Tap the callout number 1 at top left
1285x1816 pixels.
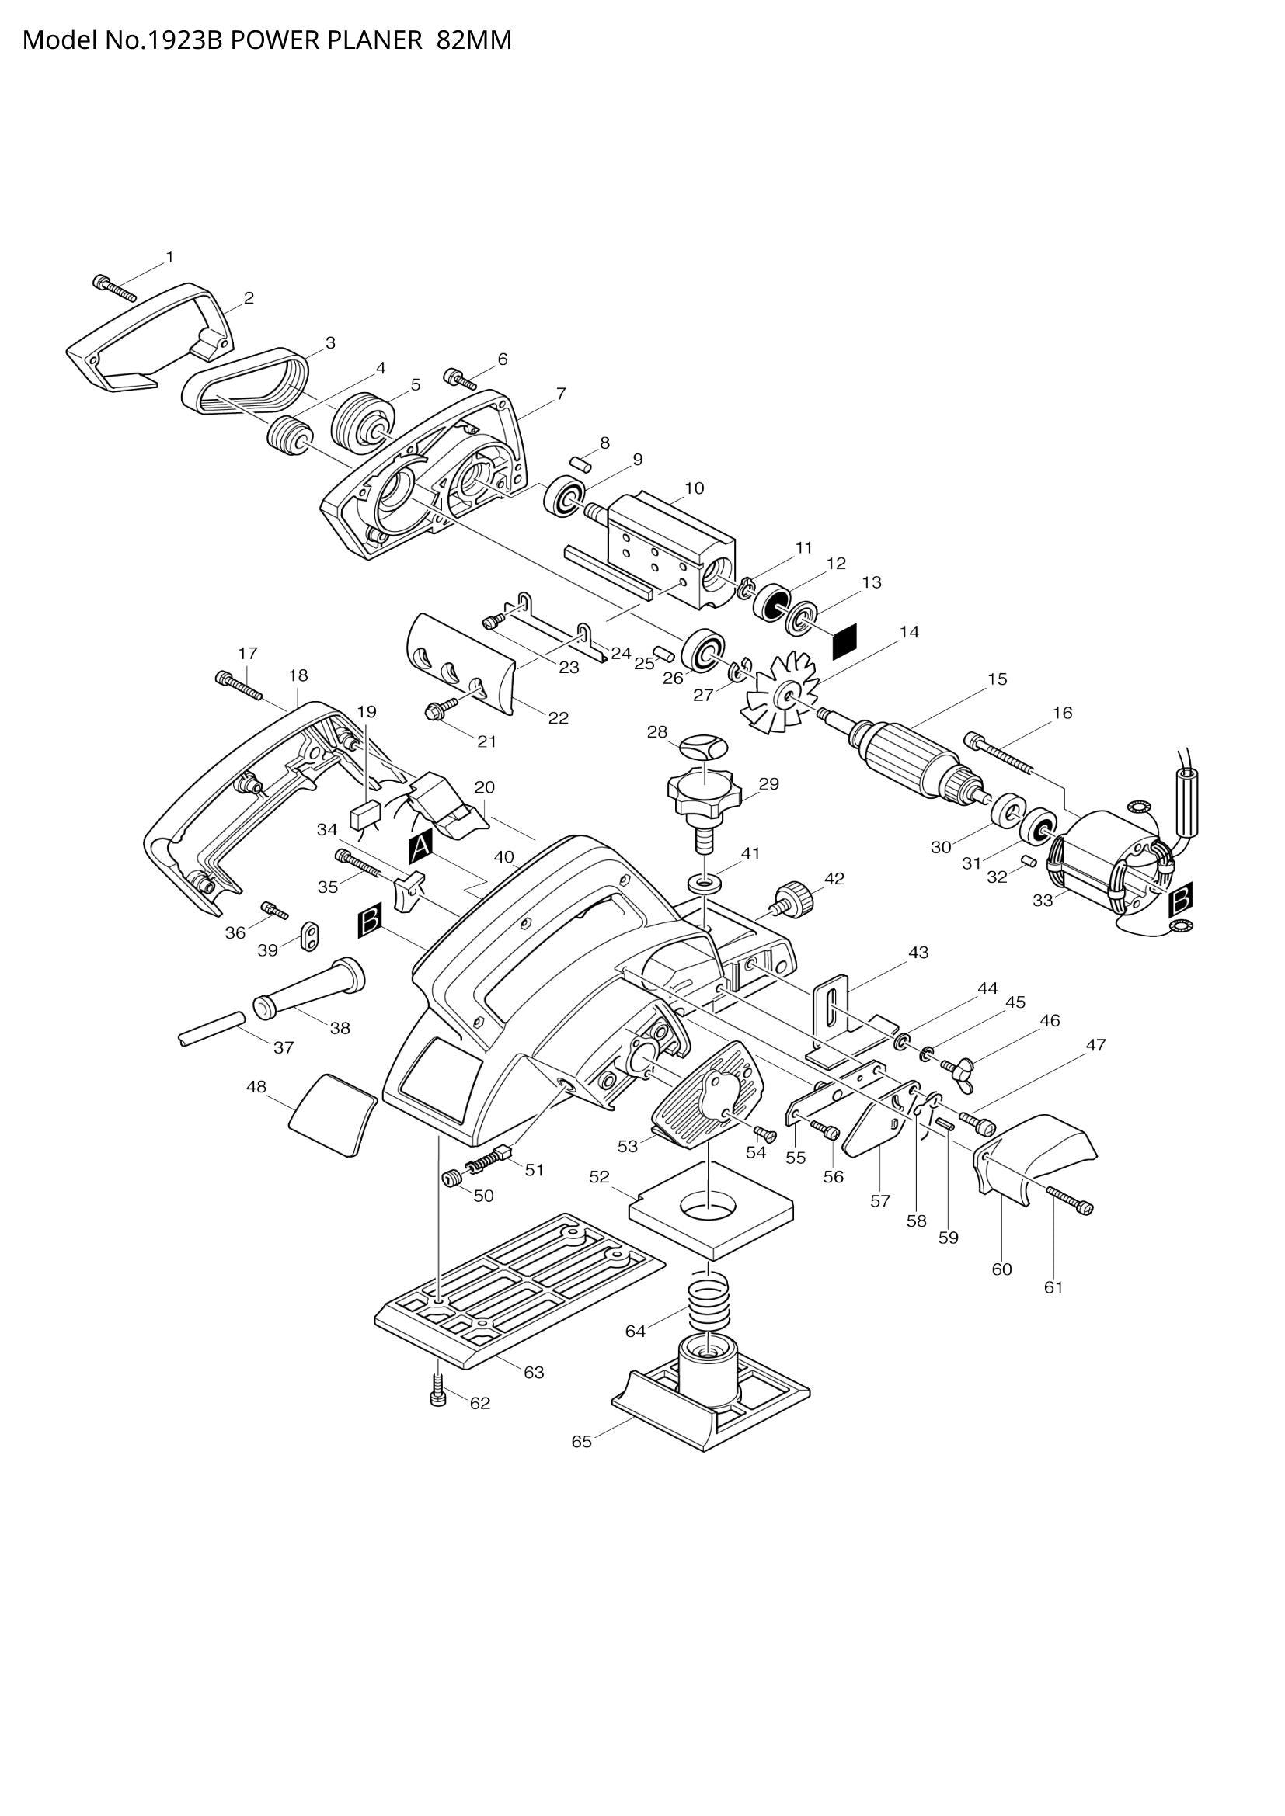point(169,257)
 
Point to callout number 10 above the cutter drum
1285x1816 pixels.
point(694,488)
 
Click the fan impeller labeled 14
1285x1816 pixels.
point(778,693)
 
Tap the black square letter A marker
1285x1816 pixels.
point(420,847)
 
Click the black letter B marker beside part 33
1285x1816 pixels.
point(1181,898)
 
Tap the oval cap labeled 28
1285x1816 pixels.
point(702,747)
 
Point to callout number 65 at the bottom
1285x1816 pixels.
point(582,1442)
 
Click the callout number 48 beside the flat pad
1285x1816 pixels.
point(256,1087)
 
